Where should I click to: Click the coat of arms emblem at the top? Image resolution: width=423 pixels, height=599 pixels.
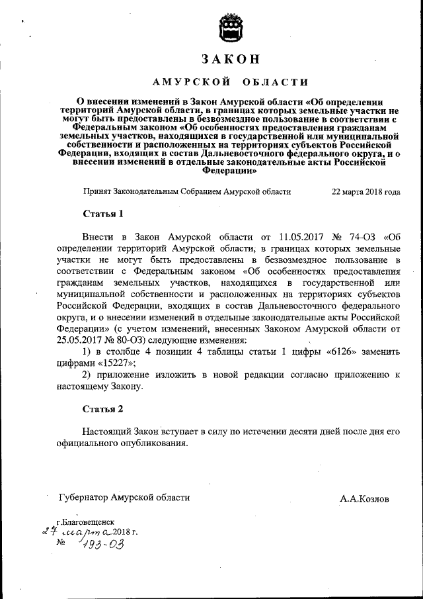point(228,27)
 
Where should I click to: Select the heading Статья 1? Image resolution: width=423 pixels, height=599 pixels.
point(103,214)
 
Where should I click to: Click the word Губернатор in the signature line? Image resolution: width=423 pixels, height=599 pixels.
point(83,498)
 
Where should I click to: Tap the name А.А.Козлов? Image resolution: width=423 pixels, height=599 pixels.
point(365,498)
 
